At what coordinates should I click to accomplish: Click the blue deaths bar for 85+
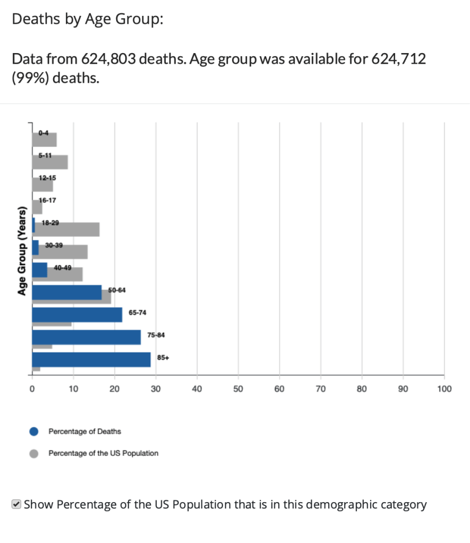tap(91, 359)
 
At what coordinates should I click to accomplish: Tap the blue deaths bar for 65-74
tap(77, 315)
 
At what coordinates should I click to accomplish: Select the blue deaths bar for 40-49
tap(40, 270)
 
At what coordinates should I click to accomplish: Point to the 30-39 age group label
tap(54, 245)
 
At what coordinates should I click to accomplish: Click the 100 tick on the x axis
tap(444, 390)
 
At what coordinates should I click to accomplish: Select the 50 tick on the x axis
tap(238, 390)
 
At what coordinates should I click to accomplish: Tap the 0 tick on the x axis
tap(32, 390)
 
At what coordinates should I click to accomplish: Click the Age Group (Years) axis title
tap(22, 250)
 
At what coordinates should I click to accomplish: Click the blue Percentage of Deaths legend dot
tap(34, 432)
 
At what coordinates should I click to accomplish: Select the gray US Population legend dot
tap(34, 454)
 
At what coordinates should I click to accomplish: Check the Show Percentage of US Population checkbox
tap(16, 504)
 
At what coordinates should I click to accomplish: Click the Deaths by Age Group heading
tap(88, 20)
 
